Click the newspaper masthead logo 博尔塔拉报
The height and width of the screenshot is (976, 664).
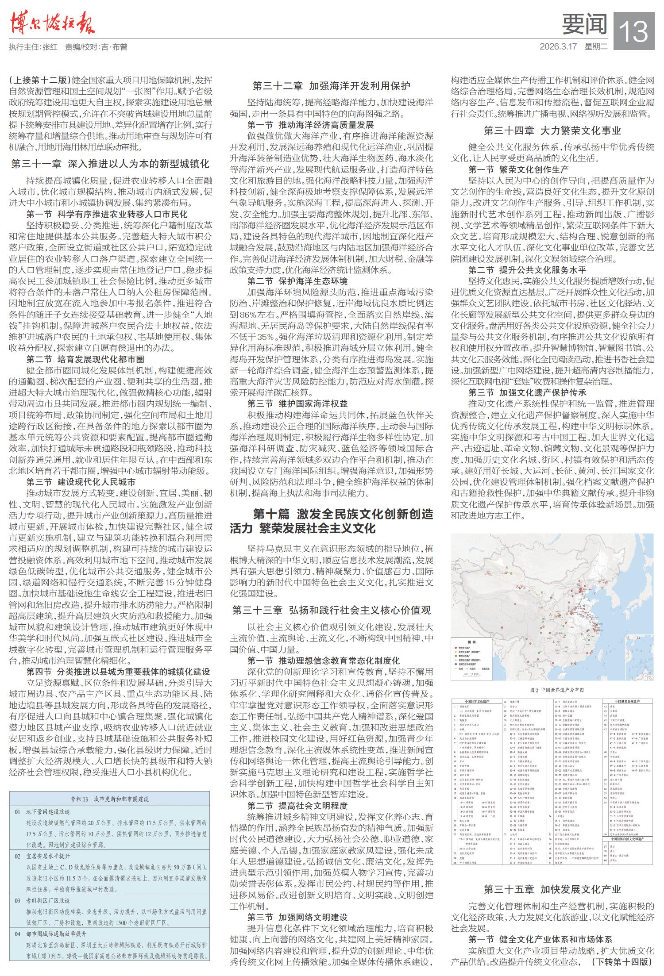point(52,23)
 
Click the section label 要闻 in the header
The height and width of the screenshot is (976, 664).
point(584,24)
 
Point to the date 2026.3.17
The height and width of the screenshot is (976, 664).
point(558,47)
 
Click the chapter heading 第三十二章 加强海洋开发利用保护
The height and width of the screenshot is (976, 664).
point(331,86)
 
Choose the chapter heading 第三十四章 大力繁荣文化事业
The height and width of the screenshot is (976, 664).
point(552,131)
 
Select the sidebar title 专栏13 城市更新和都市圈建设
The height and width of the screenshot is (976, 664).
point(110,799)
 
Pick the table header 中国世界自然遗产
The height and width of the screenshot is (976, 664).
point(629,702)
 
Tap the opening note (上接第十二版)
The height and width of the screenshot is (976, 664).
point(39,80)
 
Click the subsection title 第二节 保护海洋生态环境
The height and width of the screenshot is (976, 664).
point(297,281)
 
